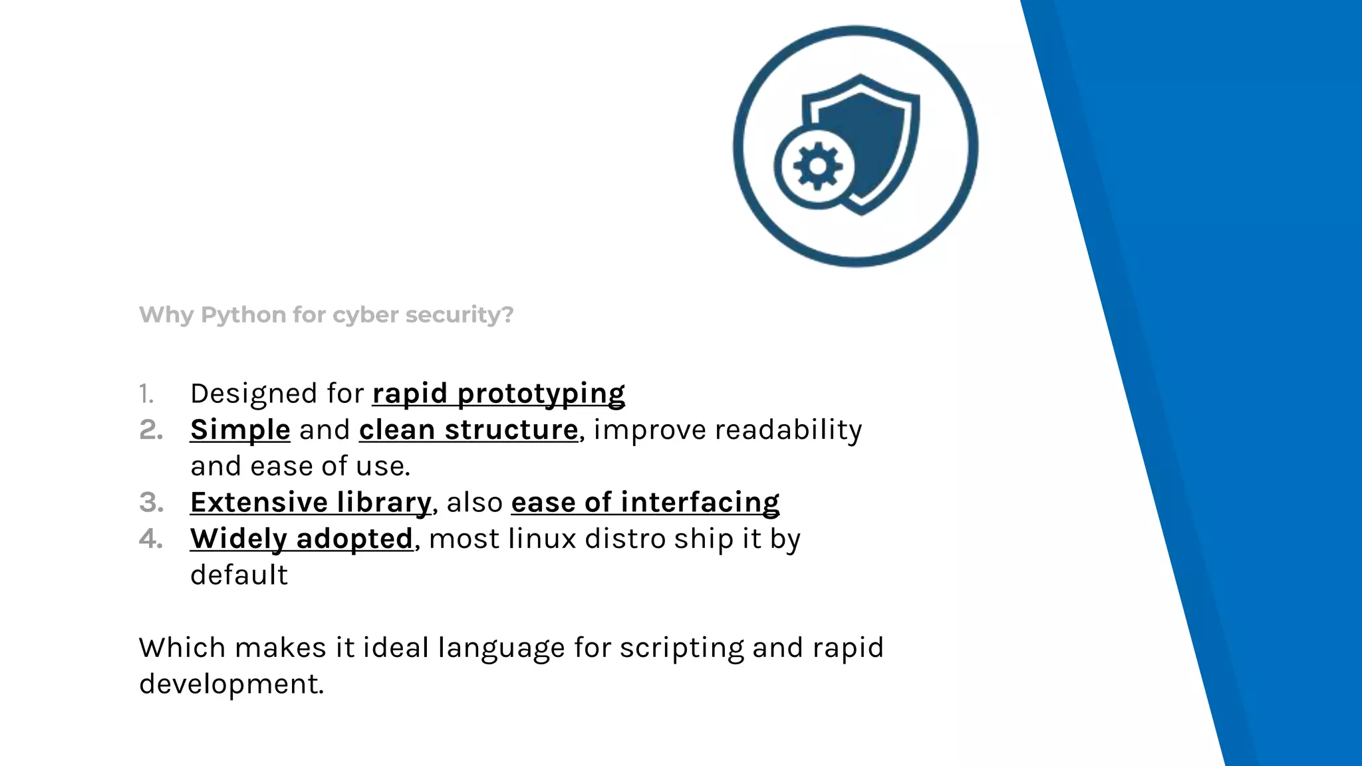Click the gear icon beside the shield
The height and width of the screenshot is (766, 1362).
coord(817,166)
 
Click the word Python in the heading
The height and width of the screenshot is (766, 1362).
coord(243,315)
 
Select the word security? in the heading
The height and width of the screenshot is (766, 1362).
coord(460,315)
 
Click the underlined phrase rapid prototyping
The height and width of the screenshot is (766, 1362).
coord(498,393)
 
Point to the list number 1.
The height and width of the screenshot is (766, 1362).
coord(146,394)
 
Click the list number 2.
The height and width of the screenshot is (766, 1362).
coord(151,430)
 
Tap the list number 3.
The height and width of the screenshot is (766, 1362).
coord(151,503)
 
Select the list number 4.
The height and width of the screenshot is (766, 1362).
coord(151,539)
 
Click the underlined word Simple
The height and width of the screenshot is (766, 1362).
coord(240,430)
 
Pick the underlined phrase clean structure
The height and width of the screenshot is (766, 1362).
coord(468,430)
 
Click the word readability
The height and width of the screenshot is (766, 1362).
coord(788,430)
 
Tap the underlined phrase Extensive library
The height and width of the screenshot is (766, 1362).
coord(311,502)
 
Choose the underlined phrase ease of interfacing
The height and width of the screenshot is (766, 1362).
coord(645,502)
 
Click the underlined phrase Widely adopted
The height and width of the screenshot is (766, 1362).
coord(301,539)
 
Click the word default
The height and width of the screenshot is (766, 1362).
coord(239,574)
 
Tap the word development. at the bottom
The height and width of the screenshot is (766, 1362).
coord(231,684)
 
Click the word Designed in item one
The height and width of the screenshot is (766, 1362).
coord(253,394)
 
